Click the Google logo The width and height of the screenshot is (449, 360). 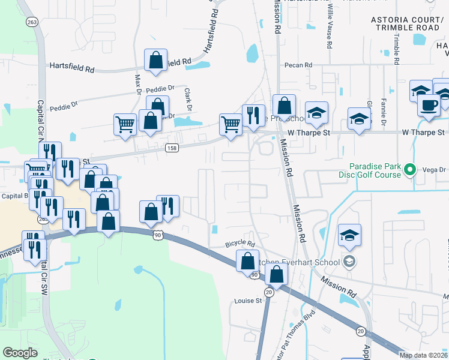(20, 353)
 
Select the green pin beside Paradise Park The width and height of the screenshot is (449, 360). (410, 170)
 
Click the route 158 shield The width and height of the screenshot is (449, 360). (172, 148)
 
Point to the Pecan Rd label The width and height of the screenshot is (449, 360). (300, 65)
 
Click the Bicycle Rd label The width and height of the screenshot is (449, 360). (240, 245)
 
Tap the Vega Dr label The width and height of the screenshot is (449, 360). (433, 170)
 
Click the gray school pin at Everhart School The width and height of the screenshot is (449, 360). (349, 261)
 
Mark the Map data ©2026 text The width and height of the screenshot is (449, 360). (424, 355)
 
